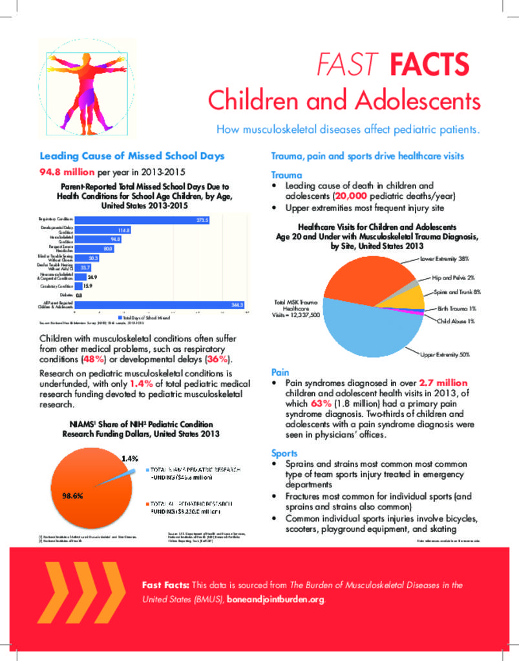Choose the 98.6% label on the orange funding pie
tap(71, 496)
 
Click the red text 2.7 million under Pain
tap(443, 383)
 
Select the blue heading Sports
tap(284, 453)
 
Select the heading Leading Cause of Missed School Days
tap(132, 156)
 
